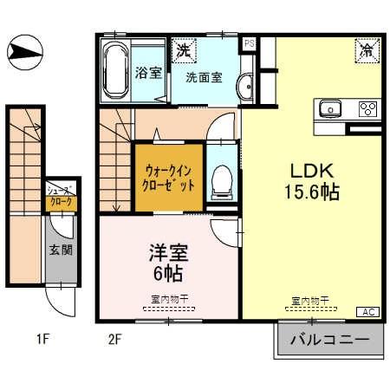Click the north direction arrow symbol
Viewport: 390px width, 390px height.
[x=23, y=53]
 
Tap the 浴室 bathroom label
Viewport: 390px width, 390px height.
[x=149, y=73]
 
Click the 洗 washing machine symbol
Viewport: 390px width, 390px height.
[x=184, y=50]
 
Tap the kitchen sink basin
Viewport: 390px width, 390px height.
[x=330, y=109]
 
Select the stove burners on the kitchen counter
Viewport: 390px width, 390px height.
[x=367, y=109]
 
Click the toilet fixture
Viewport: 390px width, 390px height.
[x=223, y=179]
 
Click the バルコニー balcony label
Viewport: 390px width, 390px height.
[x=330, y=339]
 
